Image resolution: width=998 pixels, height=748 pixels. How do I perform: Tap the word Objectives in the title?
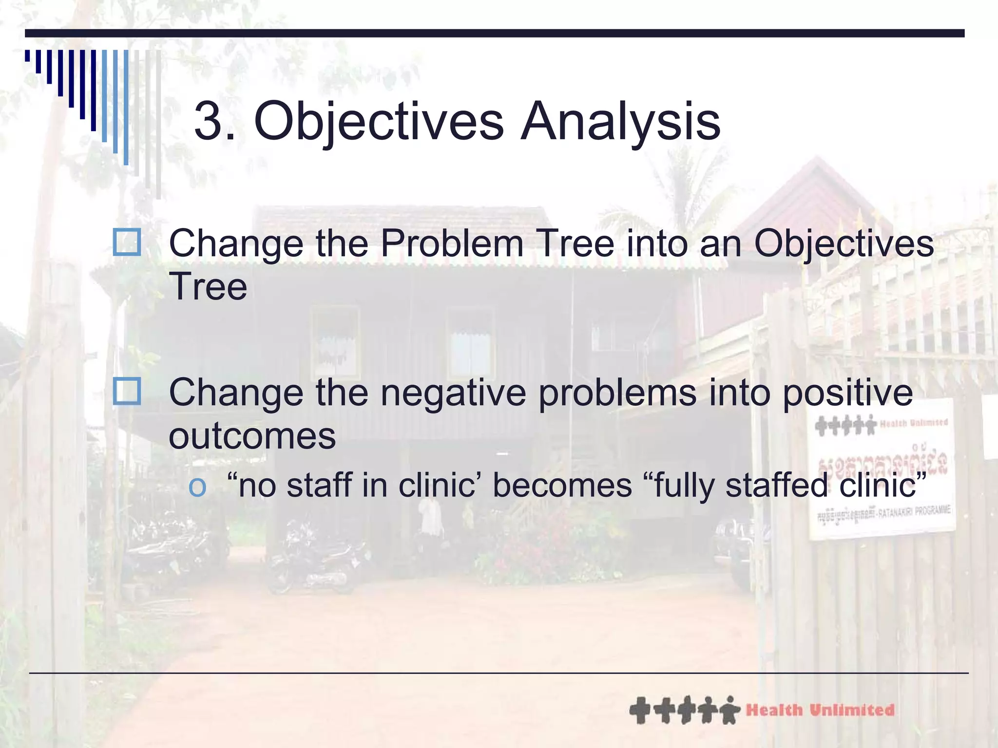click(378, 122)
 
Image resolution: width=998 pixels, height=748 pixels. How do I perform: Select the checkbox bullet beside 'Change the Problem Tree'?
click(127, 243)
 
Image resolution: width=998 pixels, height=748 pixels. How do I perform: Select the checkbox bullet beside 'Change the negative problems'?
click(127, 392)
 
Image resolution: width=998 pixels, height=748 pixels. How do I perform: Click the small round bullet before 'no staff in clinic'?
click(198, 487)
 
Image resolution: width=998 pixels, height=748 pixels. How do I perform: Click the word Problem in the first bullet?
click(451, 243)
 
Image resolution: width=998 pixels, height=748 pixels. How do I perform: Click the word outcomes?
click(252, 436)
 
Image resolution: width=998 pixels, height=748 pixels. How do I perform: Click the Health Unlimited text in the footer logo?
click(820, 710)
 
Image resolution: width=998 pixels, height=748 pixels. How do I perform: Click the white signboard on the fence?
click(882, 467)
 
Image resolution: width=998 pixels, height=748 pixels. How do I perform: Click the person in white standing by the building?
click(431, 521)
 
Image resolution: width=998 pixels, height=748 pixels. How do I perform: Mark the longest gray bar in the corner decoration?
click(158, 124)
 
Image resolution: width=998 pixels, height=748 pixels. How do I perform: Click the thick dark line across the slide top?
click(494, 33)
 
